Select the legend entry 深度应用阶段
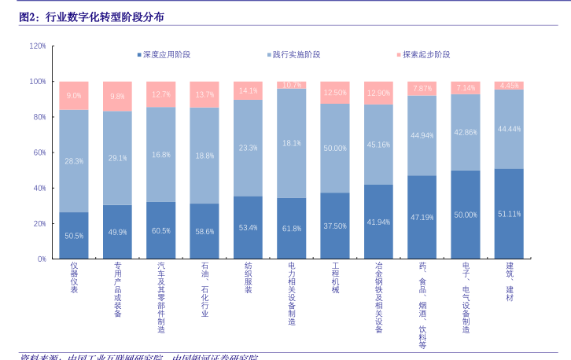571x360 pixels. click(x=167, y=54)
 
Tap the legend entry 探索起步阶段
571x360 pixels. click(x=426, y=54)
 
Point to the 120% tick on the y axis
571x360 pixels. click(x=38, y=46)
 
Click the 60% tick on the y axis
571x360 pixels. click(x=39, y=152)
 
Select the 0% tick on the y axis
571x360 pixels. click(x=42, y=259)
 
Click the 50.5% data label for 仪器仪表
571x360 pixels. click(x=74, y=236)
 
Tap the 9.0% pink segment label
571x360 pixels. click(x=74, y=96)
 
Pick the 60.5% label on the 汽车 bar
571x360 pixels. click(x=161, y=231)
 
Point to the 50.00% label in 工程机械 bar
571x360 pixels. click(x=335, y=148)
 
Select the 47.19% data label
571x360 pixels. click(x=422, y=217)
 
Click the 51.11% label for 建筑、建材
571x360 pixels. click(x=509, y=214)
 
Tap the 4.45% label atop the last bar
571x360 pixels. click(x=509, y=86)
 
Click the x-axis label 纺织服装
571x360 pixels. click(x=248, y=278)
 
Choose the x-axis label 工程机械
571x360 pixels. click(x=335, y=278)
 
